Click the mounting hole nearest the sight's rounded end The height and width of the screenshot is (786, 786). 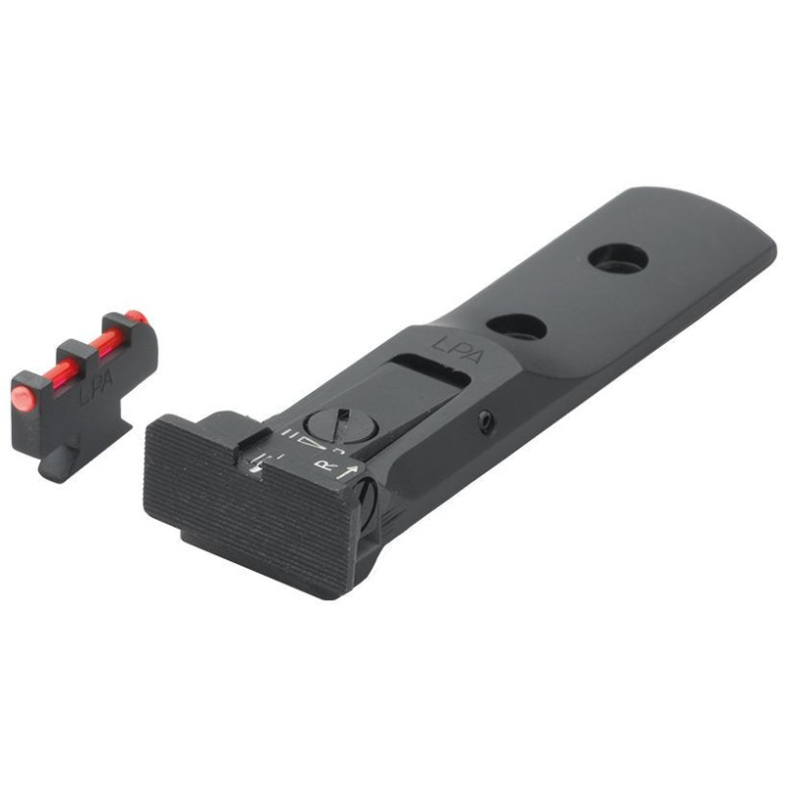[x=618, y=258]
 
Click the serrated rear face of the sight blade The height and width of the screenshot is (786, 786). [x=251, y=511]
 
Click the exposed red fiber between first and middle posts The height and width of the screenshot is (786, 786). [x=51, y=373]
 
